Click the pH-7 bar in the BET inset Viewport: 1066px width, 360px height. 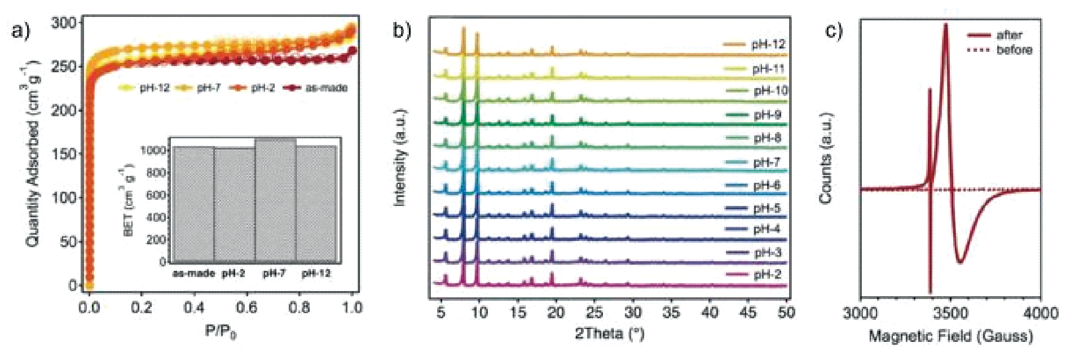click(275, 200)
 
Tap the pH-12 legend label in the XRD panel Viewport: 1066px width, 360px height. click(768, 45)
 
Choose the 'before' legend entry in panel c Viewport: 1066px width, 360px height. click(1014, 50)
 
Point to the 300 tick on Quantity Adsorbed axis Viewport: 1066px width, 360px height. click(63, 23)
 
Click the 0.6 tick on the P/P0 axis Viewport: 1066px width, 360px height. click(246, 308)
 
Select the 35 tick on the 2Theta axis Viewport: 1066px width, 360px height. click(671, 313)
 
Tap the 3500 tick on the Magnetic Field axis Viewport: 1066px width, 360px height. click(950, 313)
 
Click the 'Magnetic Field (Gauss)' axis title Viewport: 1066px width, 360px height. click(950, 337)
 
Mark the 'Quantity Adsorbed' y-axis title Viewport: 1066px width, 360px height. click(33, 152)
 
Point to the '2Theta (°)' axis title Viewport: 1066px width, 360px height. click(609, 333)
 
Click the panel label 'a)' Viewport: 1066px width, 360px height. click(21, 31)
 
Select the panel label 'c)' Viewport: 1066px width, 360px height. click(834, 31)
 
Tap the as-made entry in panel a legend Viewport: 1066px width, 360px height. click(325, 88)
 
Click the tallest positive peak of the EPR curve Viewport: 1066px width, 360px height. click(945, 24)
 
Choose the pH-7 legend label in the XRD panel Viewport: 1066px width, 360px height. click(767, 163)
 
